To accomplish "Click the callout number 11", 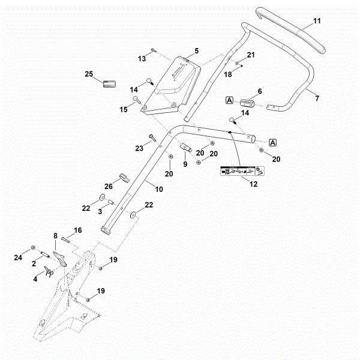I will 317,21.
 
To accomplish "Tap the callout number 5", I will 196,51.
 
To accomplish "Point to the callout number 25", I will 89,74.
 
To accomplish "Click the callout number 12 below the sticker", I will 253,184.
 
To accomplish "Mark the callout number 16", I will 77,230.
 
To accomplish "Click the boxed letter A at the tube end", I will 272,142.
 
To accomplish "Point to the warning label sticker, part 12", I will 239,171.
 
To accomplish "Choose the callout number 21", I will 251,55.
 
